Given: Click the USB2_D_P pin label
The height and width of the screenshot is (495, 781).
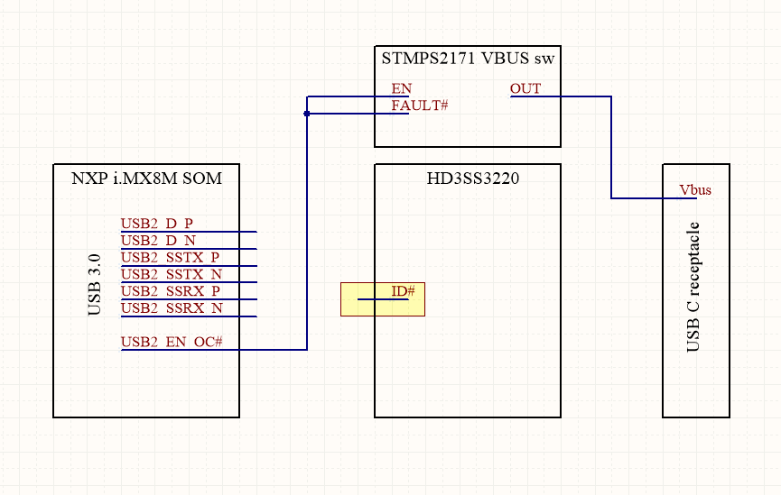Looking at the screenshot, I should (156, 223).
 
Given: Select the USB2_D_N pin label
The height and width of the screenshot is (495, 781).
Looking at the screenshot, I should (158, 240).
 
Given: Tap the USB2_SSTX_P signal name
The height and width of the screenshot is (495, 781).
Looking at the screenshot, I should (170, 257).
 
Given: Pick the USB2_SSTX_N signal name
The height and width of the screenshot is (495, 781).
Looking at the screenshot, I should (171, 274).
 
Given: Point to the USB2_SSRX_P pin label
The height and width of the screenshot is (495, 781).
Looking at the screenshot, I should (170, 291).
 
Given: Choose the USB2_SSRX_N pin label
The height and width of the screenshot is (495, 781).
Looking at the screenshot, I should (171, 308).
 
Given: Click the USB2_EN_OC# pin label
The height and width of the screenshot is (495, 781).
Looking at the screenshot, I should (172, 342).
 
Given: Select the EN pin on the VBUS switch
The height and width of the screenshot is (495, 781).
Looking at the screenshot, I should (401, 88).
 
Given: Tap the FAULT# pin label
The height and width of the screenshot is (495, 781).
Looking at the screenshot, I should (420, 105).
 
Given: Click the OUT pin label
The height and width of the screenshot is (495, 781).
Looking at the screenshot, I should (525, 88).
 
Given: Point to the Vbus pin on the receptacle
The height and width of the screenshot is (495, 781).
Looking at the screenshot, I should (695, 190).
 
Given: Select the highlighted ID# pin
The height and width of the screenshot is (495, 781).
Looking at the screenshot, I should (403, 291).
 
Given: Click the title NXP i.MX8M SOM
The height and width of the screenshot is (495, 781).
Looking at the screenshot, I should (146, 179).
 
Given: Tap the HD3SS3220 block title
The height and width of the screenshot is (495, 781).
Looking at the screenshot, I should (468, 179).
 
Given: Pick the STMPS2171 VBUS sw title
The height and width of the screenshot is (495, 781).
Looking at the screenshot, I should (467, 60).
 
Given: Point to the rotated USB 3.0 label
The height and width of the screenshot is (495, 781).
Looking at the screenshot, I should (95, 285).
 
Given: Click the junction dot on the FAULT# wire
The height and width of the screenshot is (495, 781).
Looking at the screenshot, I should (307, 114).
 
